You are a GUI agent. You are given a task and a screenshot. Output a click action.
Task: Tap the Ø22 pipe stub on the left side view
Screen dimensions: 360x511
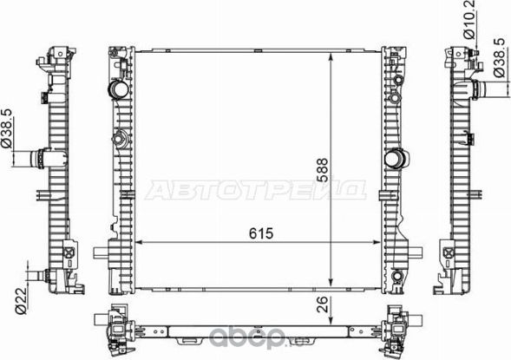35,277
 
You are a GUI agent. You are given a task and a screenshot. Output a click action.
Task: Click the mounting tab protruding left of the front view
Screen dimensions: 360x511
102,254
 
